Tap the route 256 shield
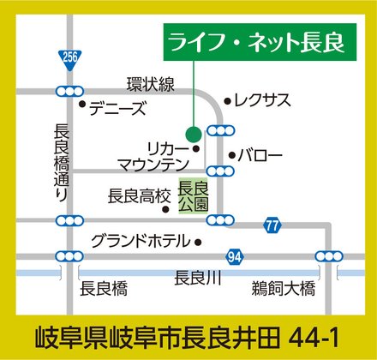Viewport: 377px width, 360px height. (69, 57)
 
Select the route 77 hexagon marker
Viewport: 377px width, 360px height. (272, 225)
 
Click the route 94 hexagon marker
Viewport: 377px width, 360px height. (235, 256)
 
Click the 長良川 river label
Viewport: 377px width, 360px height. (197, 277)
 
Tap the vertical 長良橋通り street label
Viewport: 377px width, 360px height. (62, 162)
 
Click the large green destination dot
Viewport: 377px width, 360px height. (194, 133)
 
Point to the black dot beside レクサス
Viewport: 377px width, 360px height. (227, 99)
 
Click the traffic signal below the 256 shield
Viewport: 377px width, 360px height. (69, 89)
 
